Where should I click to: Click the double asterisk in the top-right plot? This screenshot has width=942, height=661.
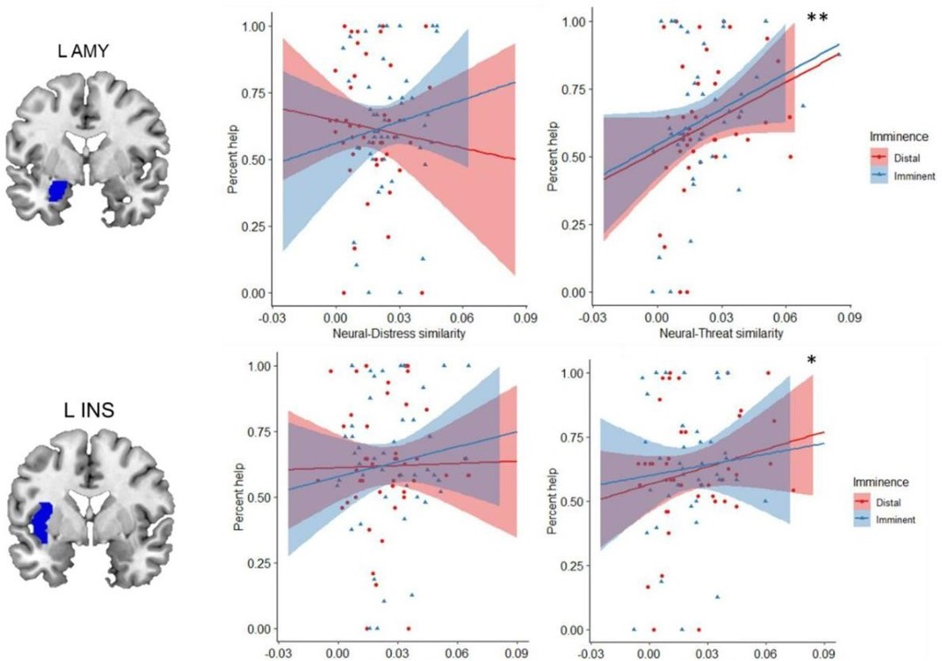point(818,19)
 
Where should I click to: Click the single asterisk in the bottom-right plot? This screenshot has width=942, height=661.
point(812,360)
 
